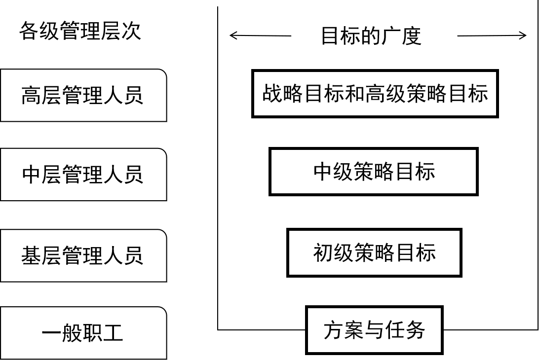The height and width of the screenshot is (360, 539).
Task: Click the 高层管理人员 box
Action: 83,95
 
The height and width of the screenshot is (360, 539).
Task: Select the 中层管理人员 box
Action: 83,175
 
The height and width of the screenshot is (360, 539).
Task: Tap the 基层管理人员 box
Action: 83,255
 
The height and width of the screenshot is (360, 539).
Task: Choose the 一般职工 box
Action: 83,333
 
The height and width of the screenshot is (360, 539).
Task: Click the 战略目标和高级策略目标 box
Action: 375,94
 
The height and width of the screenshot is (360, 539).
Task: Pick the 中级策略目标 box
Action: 373,172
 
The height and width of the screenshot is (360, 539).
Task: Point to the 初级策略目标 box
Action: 374,252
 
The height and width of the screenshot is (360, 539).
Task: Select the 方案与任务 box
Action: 374,330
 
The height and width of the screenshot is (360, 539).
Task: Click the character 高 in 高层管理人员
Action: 31,96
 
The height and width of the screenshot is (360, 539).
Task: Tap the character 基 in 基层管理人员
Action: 31,255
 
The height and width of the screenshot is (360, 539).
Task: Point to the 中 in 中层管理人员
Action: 31,175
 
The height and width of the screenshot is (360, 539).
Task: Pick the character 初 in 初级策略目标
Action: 323,252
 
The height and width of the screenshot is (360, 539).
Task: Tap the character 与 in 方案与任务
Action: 374,330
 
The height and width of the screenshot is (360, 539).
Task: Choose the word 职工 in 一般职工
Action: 103,333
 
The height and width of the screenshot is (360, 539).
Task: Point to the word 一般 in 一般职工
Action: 62,333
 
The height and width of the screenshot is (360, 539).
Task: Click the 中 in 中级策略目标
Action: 323,172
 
